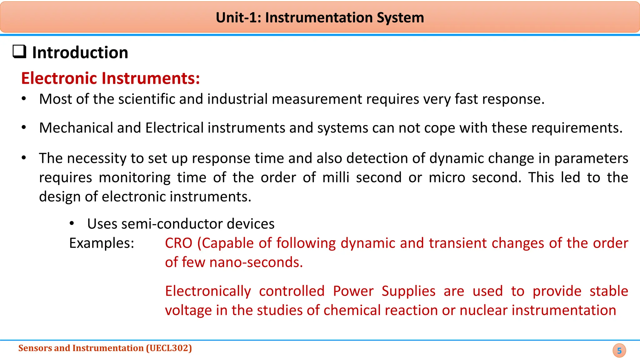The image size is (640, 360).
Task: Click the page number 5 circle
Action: point(619,351)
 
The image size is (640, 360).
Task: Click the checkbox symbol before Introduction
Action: point(19,52)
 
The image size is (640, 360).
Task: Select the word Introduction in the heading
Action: point(80,52)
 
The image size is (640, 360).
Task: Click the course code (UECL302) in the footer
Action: point(169,348)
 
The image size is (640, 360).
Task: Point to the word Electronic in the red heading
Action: point(59,78)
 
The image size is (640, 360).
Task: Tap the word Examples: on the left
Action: point(102,243)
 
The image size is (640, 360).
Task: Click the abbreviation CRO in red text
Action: point(178,243)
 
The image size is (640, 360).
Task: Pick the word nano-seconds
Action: point(256,262)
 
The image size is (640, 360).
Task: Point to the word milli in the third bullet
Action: point(335,177)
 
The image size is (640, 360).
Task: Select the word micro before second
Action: point(447,177)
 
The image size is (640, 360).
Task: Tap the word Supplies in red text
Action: point(408,291)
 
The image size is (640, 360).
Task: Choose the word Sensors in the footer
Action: point(35,348)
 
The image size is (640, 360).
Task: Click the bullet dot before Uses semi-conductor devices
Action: point(72,223)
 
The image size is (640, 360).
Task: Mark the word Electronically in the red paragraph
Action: point(208,291)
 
